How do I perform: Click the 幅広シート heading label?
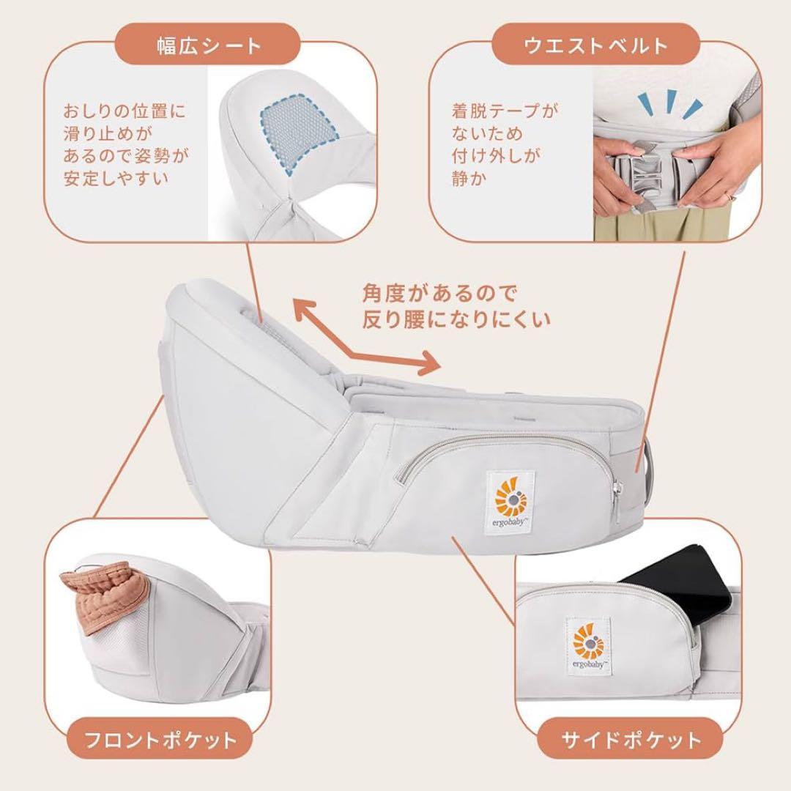click(x=209, y=45)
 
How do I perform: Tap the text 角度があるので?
click(x=439, y=294)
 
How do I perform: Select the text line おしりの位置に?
click(x=125, y=111)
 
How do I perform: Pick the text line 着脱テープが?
click(x=505, y=111)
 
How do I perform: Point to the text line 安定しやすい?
click(x=116, y=178)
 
